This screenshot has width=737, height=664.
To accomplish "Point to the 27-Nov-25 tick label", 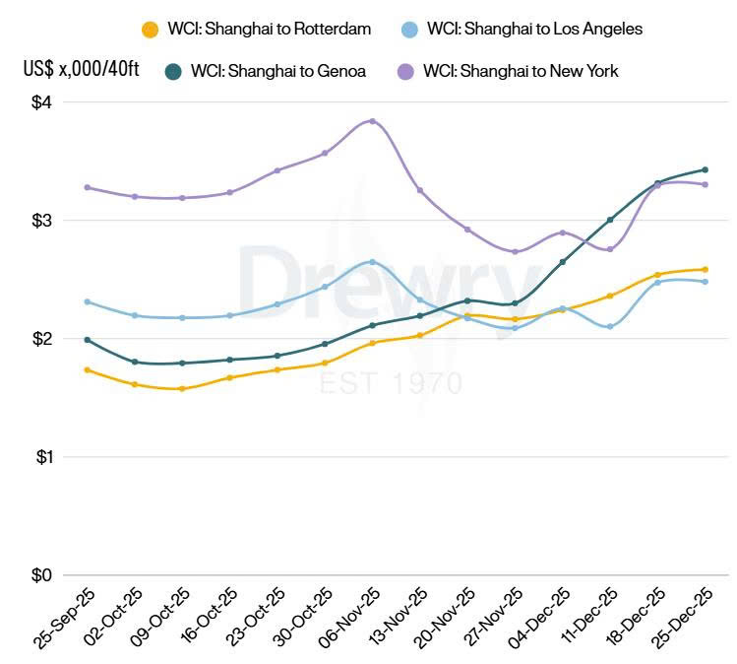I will pos(493,616).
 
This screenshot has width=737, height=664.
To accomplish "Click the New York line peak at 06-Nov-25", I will pos(372,121).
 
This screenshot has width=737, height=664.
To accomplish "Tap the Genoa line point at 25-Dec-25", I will pos(706,169).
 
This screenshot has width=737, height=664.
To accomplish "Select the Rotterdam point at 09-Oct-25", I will pos(182,389).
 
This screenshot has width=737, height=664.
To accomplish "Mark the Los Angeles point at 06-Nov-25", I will pos(372,262).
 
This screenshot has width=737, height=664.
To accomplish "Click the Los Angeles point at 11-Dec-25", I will pos(610,326).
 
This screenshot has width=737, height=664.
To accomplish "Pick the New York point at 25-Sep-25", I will pos(88,187).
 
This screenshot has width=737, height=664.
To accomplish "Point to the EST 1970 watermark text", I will pos(391,382).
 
